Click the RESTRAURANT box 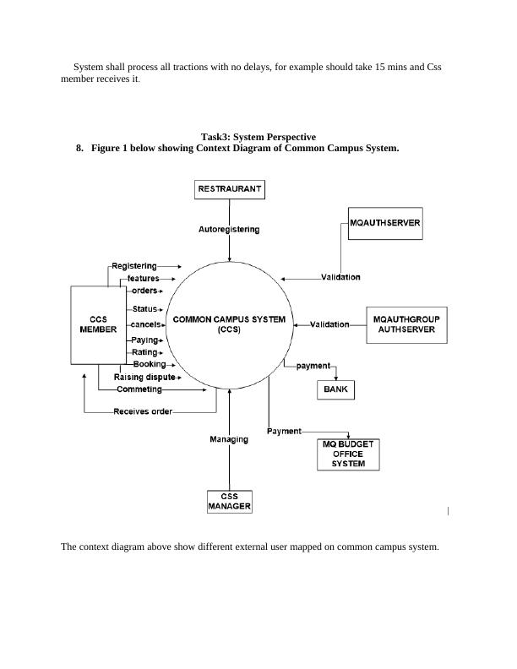(x=230, y=189)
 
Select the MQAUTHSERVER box (x=385, y=224)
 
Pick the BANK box (x=335, y=389)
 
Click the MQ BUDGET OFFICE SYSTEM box (x=347, y=454)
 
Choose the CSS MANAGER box (x=229, y=502)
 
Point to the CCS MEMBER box (x=97, y=325)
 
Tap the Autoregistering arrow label (x=229, y=229)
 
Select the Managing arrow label (x=229, y=439)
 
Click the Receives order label (x=143, y=412)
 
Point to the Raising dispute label (x=144, y=377)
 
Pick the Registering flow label (x=134, y=266)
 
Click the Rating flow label (x=144, y=352)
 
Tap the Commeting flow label (x=139, y=389)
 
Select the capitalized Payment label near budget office (x=284, y=431)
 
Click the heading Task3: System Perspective (x=258, y=137)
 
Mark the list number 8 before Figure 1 (x=79, y=148)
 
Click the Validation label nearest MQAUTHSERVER (x=340, y=277)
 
